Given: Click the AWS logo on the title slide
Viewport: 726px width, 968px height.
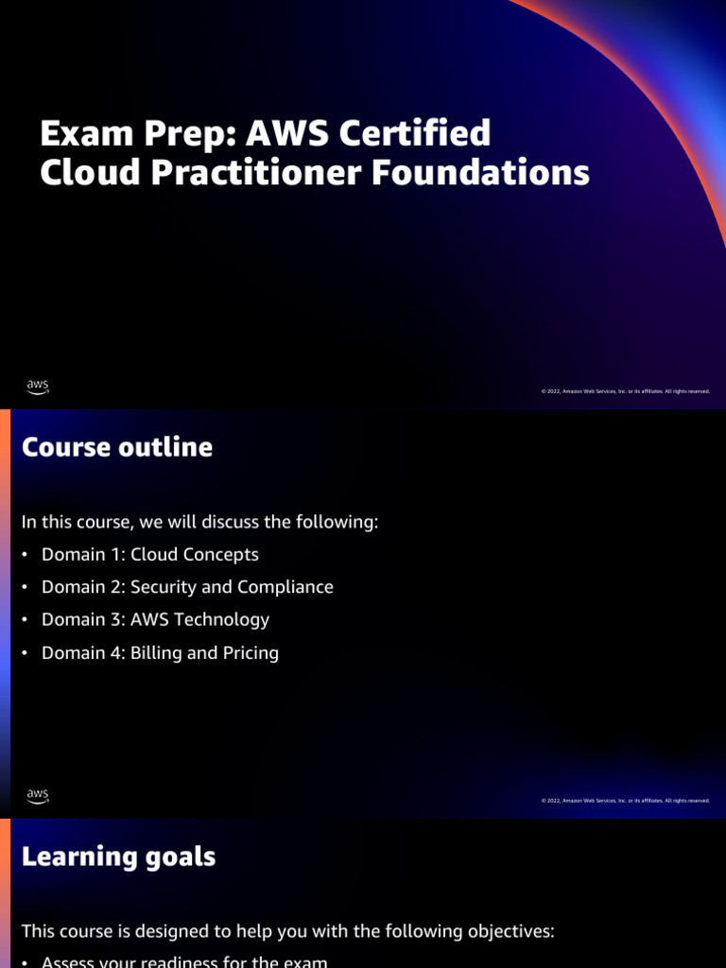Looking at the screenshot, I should (x=38, y=387).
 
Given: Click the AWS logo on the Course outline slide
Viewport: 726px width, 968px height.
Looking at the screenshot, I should (x=38, y=796).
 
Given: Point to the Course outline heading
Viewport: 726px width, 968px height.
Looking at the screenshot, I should (x=117, y=447).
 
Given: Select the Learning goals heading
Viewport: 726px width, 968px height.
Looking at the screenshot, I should (x=118, y=856).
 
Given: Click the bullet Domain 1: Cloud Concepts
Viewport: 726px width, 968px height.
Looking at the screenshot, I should (x=149, y=555).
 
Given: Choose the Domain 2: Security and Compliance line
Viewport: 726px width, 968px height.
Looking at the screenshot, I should (x=187, y=587).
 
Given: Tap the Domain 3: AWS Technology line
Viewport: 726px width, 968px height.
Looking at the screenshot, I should (x=155, y=620).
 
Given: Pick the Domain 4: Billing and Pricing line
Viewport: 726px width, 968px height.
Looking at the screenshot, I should (x=160, y=653).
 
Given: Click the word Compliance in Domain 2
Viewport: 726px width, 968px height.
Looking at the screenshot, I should (x=285, y=587).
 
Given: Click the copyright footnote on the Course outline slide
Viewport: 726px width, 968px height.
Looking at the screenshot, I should (x=625, y=801).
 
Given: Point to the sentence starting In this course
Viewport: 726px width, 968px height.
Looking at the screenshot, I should (x=199, y=522).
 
